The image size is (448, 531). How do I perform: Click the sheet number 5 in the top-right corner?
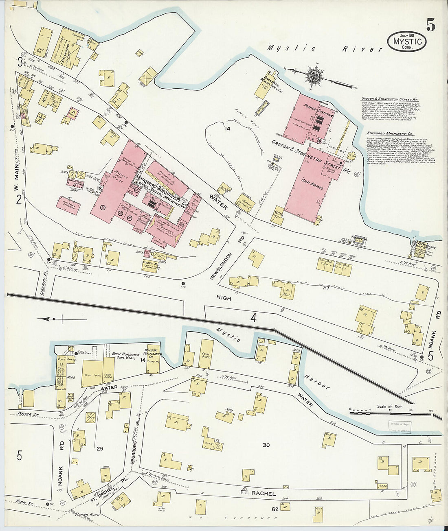(x=430, y=25)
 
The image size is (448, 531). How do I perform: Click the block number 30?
(x=266, y=445)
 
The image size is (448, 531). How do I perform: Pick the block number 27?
(x=326, y=288)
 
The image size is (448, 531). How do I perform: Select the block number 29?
(x=99, y=449)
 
